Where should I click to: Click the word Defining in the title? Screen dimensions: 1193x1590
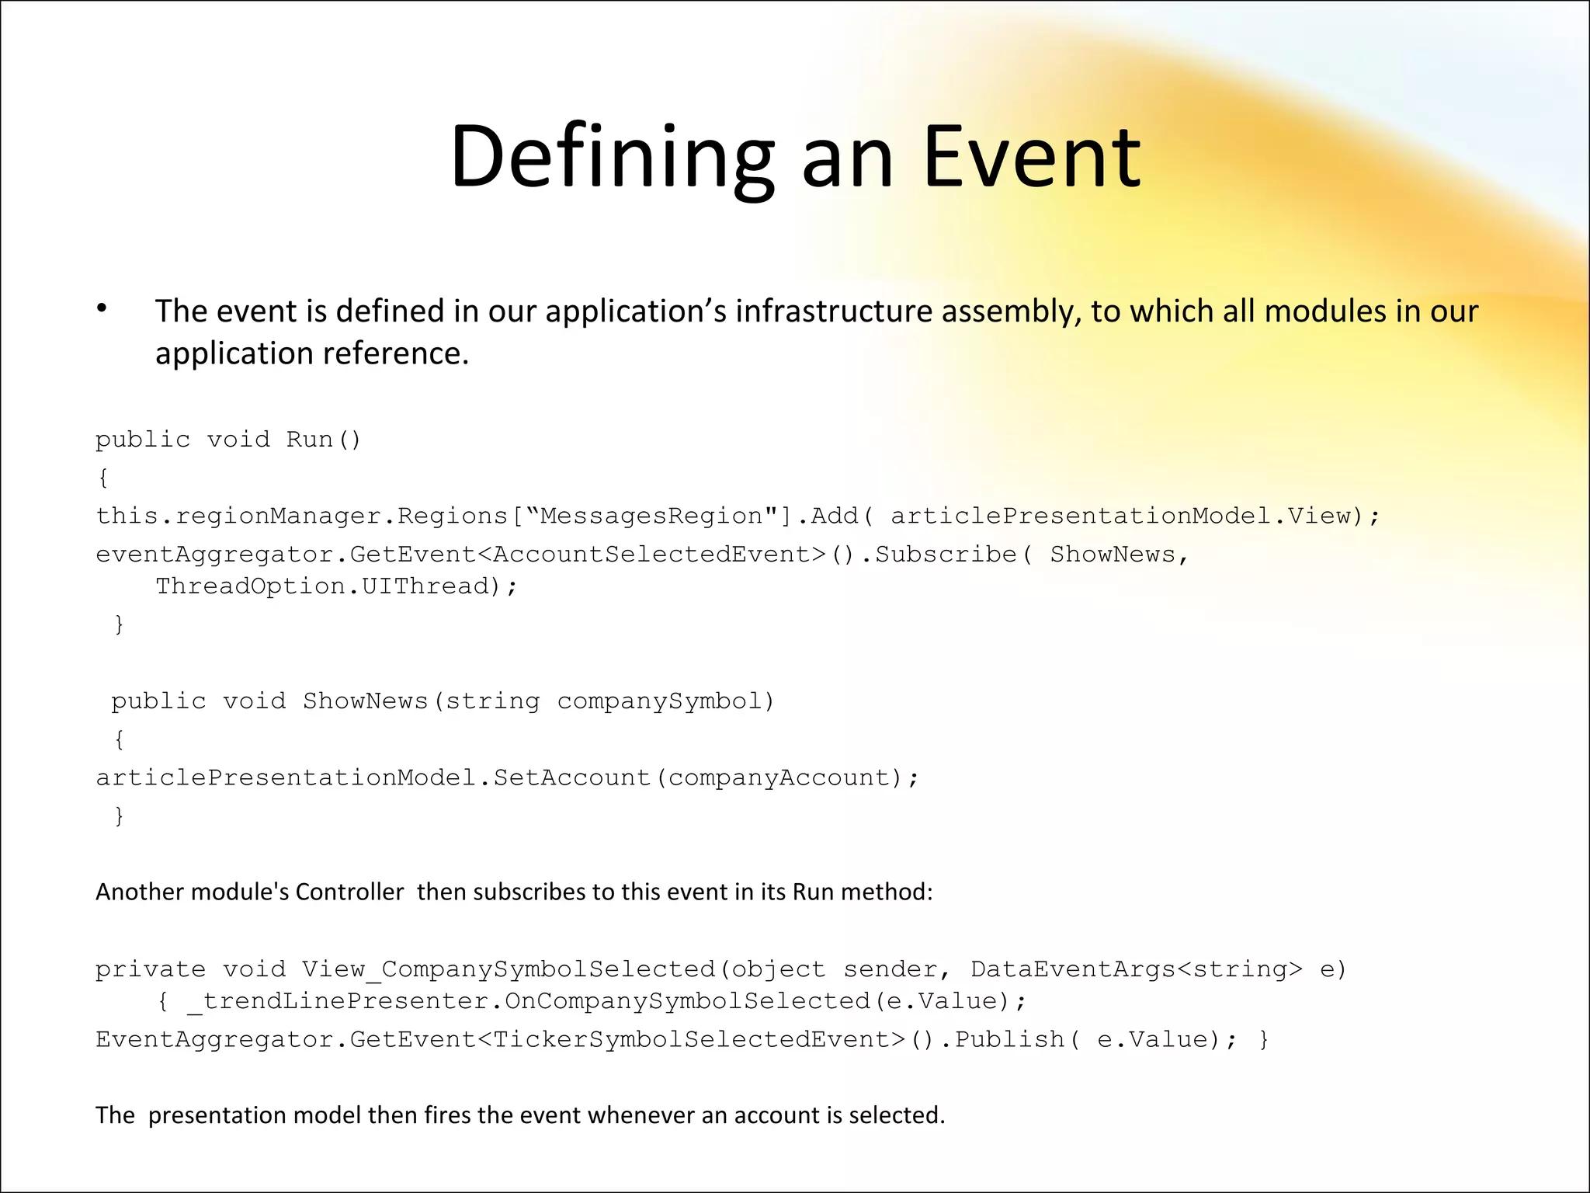(612, 157)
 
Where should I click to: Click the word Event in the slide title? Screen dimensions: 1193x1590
(1032, 157)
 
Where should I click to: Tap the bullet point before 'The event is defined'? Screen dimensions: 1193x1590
(102, 309)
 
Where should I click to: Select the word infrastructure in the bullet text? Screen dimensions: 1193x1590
(835, 311)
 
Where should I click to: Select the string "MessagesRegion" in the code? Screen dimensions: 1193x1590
(652, 516)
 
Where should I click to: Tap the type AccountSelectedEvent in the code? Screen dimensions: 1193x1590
(659, 555)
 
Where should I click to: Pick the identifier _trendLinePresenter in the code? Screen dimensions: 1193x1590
(338, 1001)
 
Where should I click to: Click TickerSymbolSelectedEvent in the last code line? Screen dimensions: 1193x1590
(691, 1039)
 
